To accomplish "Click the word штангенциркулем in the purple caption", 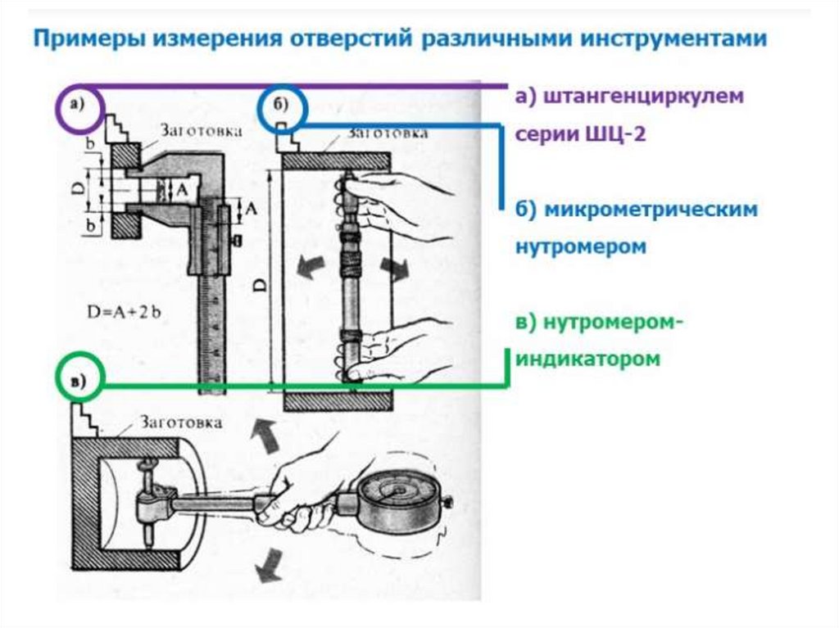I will pyautogui.click(x=629, y=96).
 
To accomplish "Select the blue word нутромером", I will pyautogui.click(x=581, y=246).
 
